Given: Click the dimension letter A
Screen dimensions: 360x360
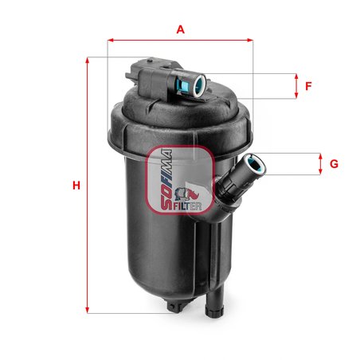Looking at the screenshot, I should click(181, 29).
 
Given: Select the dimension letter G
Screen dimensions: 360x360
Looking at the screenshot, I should click(334, 164).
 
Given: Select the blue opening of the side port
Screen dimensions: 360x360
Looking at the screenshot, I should click(256, 165).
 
